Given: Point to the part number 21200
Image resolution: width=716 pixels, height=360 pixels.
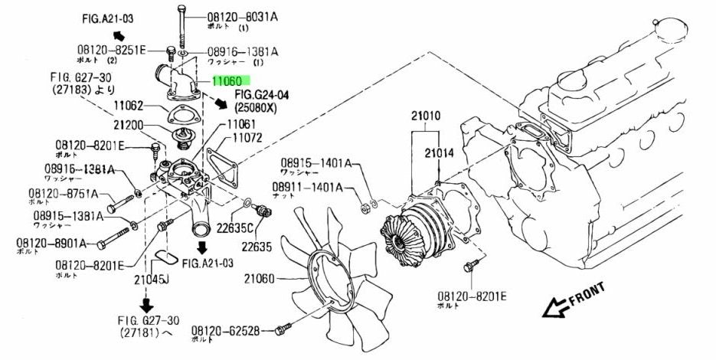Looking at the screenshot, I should (x=129, y=124).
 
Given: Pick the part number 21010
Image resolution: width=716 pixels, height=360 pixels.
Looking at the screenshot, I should (x=425, y=116).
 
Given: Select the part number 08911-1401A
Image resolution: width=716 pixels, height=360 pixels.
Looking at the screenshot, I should (x=306, y=187).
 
